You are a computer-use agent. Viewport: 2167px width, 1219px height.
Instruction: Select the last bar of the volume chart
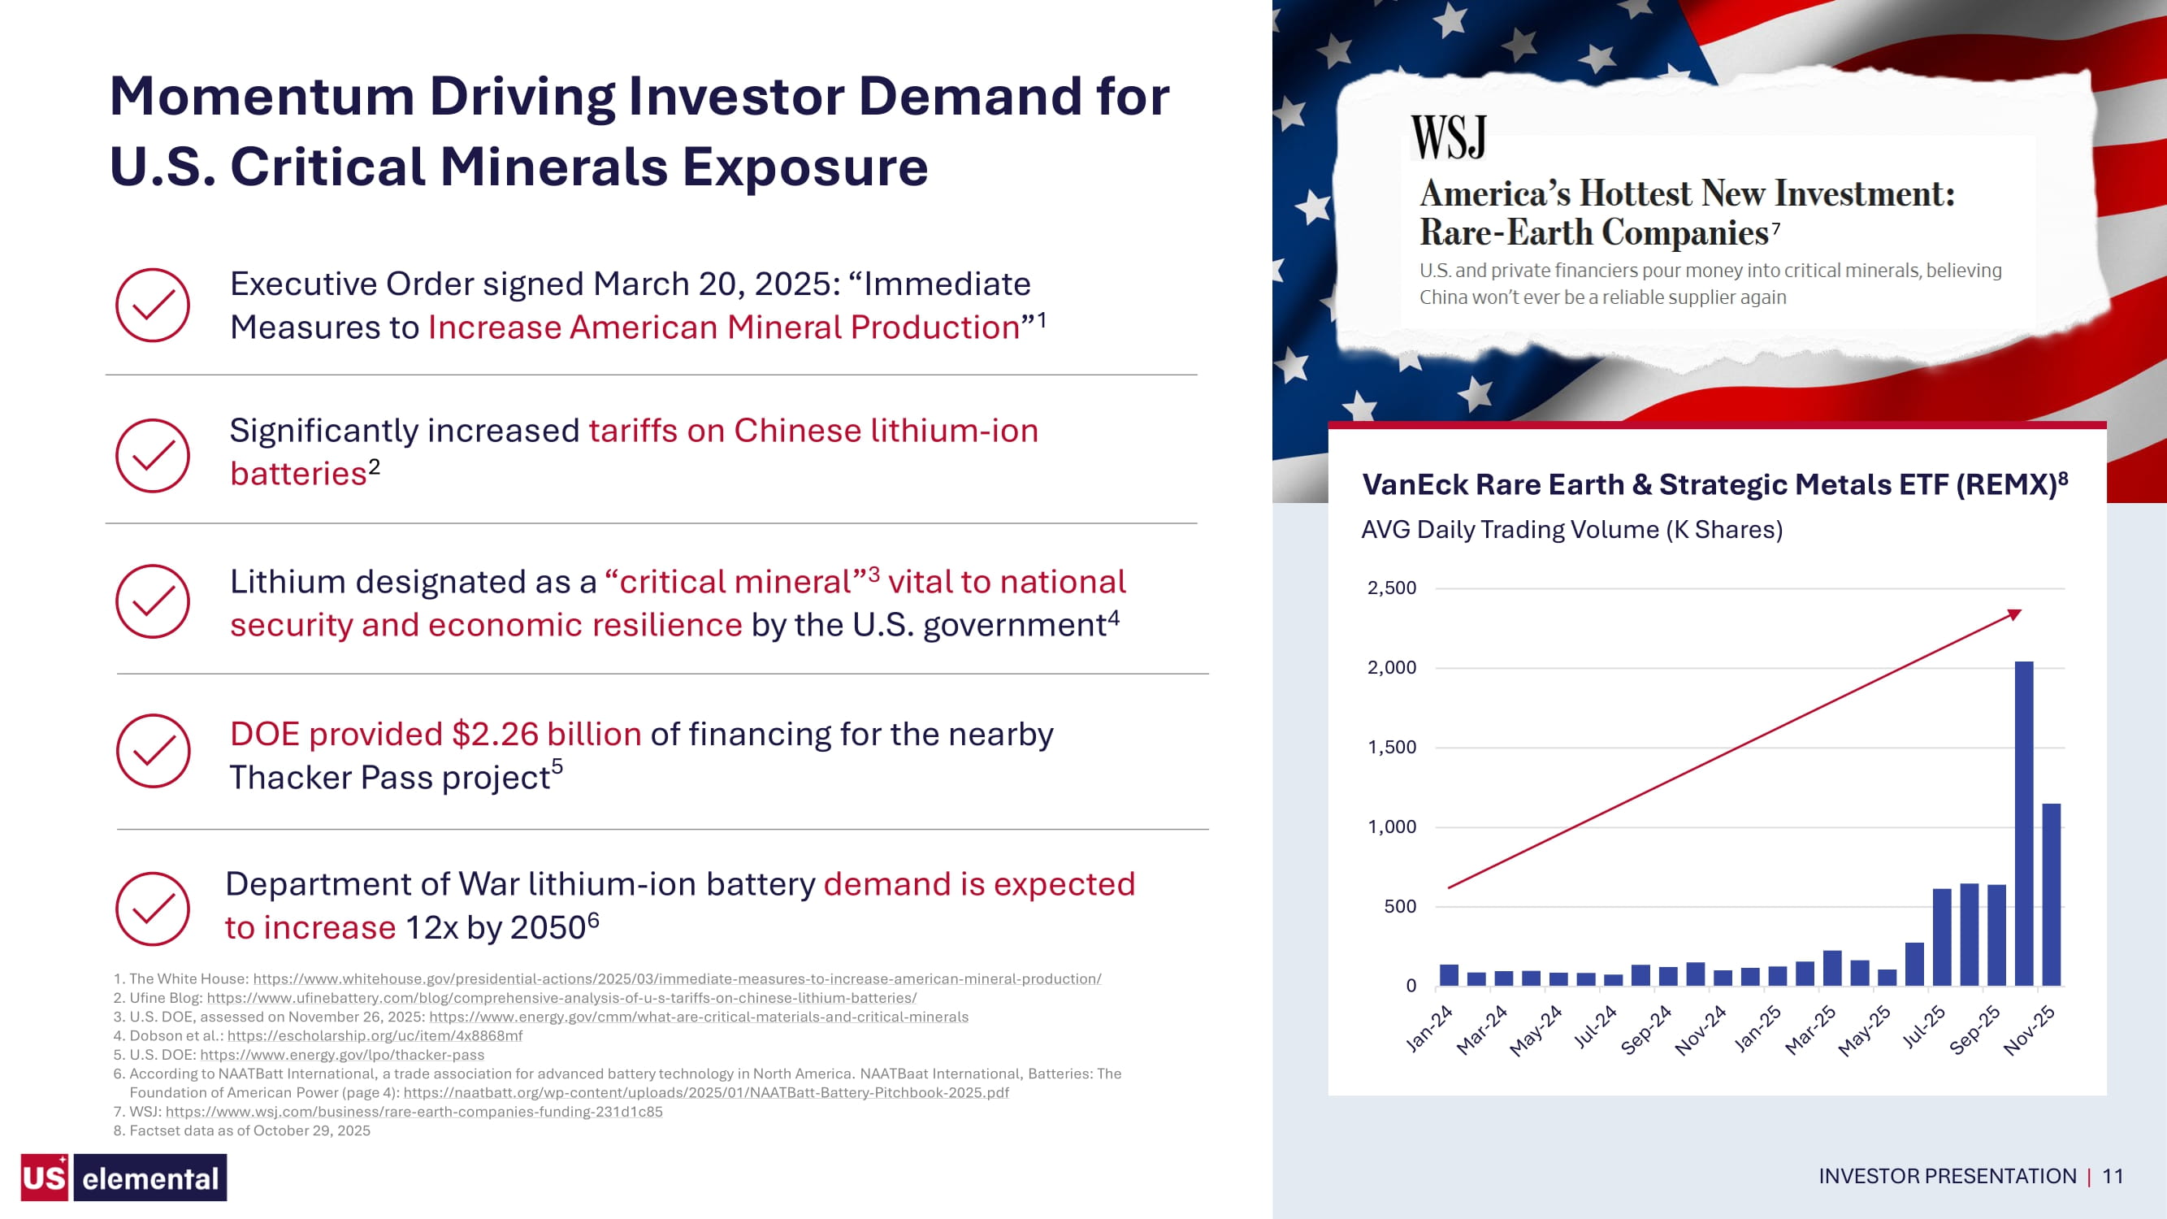point(2051,894)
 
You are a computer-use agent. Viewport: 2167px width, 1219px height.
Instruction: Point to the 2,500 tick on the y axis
point(1391,588)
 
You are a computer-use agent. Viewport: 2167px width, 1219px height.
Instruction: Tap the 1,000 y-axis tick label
point(1391,826)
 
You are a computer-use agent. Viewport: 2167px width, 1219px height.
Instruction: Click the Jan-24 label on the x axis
point(1429,1028)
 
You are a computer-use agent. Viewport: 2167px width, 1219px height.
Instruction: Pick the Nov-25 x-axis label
point(2029,1030)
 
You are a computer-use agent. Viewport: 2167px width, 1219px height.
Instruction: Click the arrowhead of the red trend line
point(2013,614)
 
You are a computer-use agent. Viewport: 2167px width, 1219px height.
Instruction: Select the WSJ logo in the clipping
point(1448,137)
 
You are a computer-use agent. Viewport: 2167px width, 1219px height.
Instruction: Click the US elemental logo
point(124,1177)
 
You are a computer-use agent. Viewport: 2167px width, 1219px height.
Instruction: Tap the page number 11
point(2113,1176)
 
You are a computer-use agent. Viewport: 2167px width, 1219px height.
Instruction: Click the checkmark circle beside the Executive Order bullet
point(152,305)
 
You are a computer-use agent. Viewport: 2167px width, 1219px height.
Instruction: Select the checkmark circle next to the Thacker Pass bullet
point(153,750)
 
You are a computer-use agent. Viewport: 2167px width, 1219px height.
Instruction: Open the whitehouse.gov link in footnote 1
point(677,978)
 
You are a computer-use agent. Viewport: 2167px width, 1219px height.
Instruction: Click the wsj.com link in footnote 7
point(414,1111)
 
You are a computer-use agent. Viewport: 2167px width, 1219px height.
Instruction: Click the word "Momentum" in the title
point(262,96)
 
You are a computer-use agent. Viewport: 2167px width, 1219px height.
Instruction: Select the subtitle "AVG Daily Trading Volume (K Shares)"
point(1571,529)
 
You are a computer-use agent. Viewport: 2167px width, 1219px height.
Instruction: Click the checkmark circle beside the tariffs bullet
point(152,455)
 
